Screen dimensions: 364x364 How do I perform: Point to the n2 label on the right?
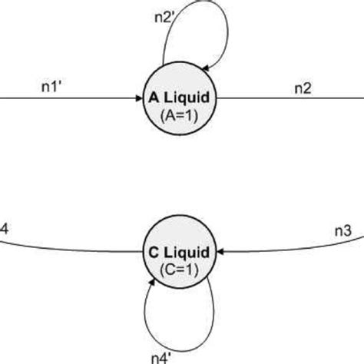(x=303, y=87)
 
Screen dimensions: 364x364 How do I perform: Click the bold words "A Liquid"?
(x=182, y=99)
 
